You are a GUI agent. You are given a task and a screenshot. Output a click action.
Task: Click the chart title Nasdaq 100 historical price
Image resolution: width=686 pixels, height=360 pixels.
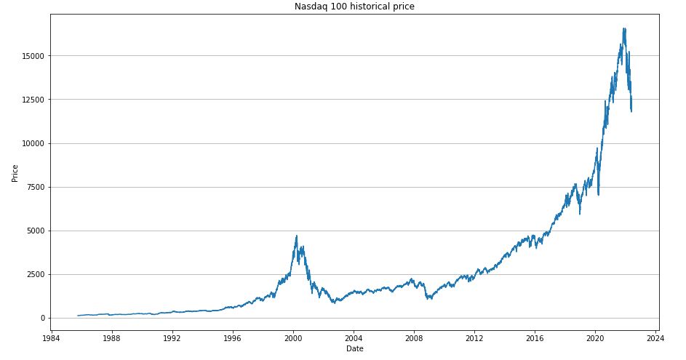pyautogui.click(x=354, y=7)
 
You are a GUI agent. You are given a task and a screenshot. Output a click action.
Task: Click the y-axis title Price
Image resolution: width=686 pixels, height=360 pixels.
pyautogui.click(x=15, y=173)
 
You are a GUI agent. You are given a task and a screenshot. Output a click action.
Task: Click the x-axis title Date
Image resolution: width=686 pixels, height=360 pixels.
pyautogui.click(x=354, y=349)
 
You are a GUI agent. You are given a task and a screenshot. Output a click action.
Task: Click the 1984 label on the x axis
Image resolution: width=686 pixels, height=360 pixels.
pyautogui.click(x=51, y=337)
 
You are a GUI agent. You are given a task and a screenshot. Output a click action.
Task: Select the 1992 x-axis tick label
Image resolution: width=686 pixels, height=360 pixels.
pyautogui.click(x=172, y=337)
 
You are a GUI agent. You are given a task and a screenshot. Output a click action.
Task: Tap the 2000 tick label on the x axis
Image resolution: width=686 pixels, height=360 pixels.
pyautogui.click(x=293, y=337)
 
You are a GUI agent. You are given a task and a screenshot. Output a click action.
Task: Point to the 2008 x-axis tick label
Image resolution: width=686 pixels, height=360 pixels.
pyautogui.click(x=414, y=337)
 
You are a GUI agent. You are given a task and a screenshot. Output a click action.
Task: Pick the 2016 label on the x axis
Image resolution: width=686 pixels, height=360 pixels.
pyautogui.click(x=535, y=337)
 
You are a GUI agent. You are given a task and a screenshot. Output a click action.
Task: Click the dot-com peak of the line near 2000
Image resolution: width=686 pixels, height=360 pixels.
pyautogui.click(x=296, y=236)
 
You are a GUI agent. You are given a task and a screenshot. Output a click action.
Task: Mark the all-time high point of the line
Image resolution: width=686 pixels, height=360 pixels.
pyautogui.click(x=623, y=28)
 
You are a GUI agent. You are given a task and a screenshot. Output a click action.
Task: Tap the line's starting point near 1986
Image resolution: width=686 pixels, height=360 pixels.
pyautogui.click(x=77, y=316)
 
